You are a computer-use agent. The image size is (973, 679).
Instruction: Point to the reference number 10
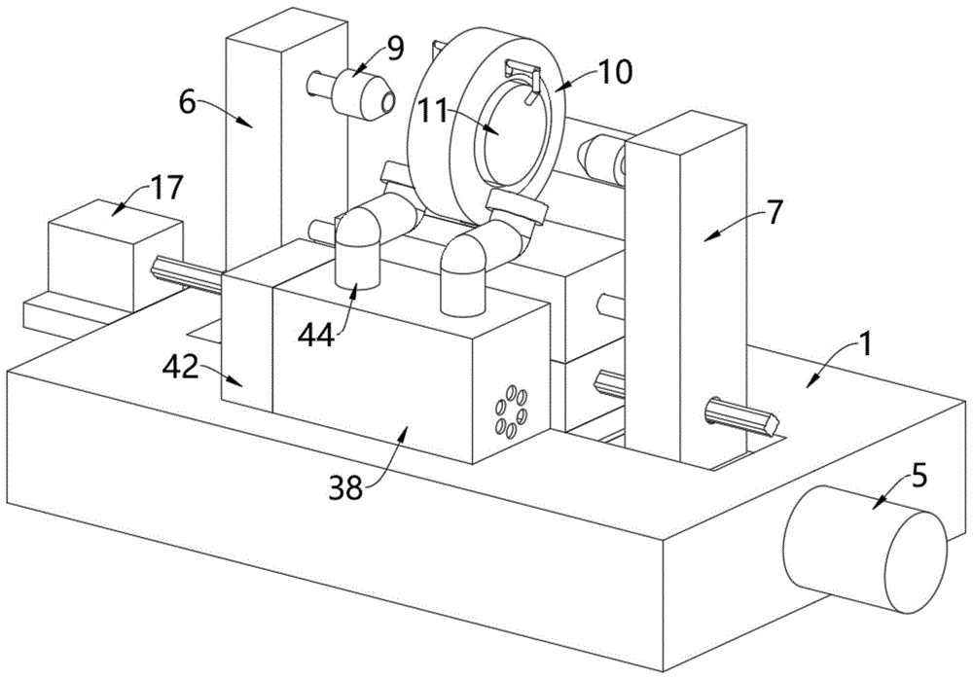613,72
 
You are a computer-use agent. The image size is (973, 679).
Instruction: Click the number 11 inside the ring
433,113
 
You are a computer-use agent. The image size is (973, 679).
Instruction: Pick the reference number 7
775,214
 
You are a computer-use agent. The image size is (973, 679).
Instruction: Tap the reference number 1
866,345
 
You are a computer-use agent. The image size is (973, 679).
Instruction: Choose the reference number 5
919,477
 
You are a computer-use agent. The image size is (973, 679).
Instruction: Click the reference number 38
346,488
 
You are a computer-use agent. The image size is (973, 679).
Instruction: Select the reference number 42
181,368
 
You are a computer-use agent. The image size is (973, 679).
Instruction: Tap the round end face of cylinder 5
916,561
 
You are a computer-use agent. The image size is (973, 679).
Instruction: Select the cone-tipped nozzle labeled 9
359,92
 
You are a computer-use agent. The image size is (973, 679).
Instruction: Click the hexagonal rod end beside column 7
742,414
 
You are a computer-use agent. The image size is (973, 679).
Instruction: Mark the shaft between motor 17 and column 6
186,274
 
